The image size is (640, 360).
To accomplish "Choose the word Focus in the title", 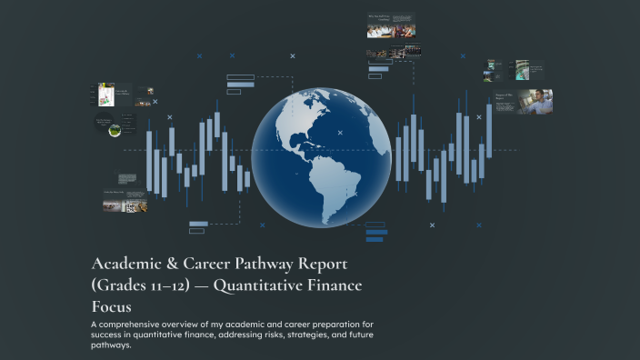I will [x=113, y=307].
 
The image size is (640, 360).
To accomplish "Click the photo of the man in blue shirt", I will [x=535, y=101].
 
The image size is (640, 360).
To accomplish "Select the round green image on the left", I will [x=115, y=130].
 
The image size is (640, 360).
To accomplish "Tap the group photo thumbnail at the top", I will [x=391, y=29].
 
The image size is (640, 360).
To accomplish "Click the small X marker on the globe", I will [x=340, y=133].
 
